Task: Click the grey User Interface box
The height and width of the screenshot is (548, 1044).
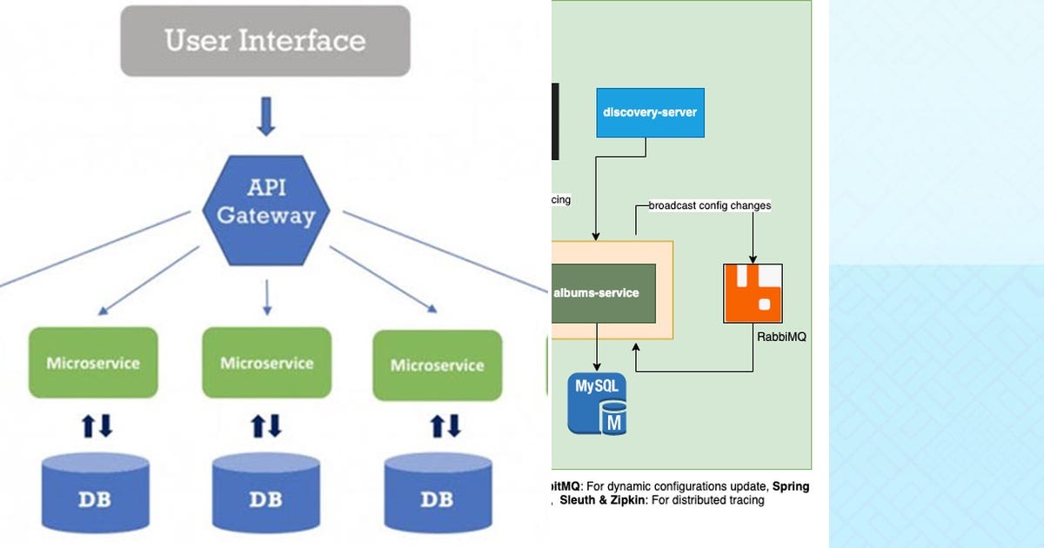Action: pos(264,41)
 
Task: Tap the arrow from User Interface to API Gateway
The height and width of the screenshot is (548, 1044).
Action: pos(266,117)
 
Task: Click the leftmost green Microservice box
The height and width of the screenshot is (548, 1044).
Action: pos(93,363)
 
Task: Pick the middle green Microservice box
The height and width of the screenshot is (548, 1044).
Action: pos(266,363)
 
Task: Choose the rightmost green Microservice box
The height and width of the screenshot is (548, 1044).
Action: pos(437,365)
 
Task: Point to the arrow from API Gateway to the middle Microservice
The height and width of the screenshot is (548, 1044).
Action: pos(266,297)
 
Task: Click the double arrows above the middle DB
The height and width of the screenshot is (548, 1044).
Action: pos(266,425)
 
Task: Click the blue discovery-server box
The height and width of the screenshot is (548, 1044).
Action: pos(650,112)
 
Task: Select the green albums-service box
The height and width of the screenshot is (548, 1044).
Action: pos(602,293)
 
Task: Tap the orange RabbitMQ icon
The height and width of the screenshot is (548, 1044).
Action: pos(753,293)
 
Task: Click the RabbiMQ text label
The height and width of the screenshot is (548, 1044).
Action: pos(780,336)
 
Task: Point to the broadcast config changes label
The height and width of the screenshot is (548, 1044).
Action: pos(710,206)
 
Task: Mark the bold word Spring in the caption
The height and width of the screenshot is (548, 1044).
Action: pos(792,486)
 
